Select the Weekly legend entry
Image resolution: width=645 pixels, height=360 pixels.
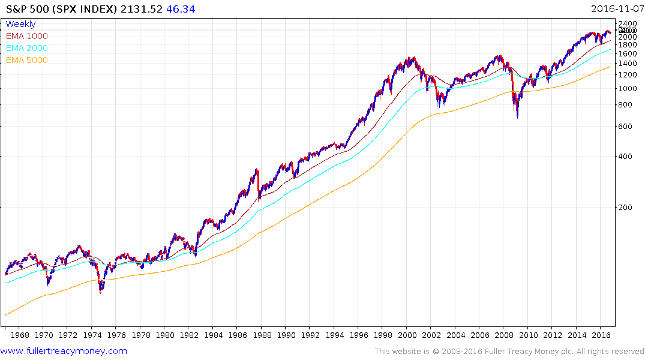click(x=20, y=25)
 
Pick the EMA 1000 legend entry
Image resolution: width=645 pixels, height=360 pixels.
click(x=26, y=37)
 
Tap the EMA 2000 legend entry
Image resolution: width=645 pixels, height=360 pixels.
click(x=26, y=49)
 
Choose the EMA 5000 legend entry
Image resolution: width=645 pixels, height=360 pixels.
click(x=26, y=61)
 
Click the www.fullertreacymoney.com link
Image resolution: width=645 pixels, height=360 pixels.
click(x=64, y=351)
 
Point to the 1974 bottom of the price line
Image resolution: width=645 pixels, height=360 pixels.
click(x=101, y=292)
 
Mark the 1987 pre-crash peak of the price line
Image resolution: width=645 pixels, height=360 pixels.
click(x=257, y=170)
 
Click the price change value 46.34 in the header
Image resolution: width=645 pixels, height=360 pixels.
click(x=181, y=9)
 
